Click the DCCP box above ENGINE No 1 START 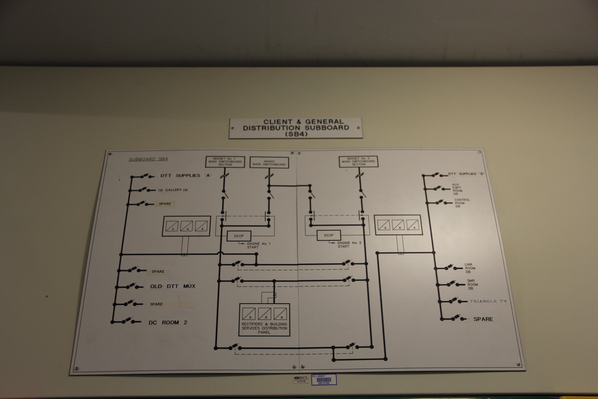(239, 236)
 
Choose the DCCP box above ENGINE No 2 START (329, 235)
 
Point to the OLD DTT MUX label (173, 286)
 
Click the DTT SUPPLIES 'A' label (186, 176)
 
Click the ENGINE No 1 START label (258, 245)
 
